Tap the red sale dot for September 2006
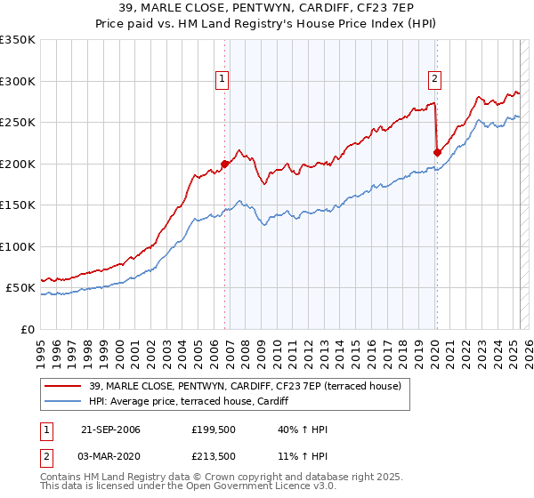tap(225, 164)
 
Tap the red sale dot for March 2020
tap(437, 152)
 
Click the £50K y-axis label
tap(20, 288)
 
